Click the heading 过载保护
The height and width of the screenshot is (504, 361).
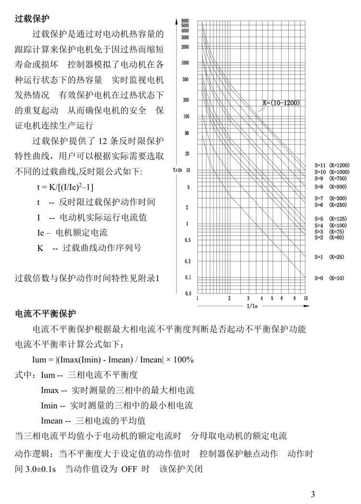coord(33,19)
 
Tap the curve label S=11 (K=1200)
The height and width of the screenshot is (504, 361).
coord(332,165)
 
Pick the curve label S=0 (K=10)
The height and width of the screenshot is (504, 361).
coord(330,278)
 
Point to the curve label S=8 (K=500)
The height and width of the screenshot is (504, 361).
coord(331,186)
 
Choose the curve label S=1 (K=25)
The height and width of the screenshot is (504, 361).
coord(330,257)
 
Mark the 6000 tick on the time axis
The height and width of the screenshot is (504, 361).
coord(185,21)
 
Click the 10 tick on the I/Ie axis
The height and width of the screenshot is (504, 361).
coord(305,298)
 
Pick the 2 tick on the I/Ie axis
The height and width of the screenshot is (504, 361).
coord(230,298)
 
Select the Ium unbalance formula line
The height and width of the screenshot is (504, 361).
coord(113,360)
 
